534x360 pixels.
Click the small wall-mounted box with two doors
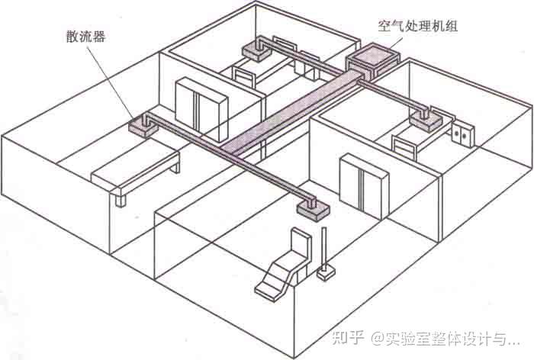tap(462, 133)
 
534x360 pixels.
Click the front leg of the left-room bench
tap(120, 198)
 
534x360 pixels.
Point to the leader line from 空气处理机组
tap(391, 42)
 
